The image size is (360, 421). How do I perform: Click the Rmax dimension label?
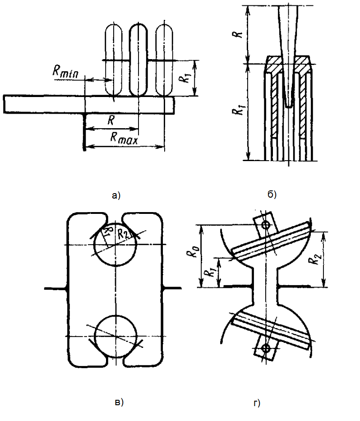[124, 138]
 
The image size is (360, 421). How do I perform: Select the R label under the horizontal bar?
[111, 120]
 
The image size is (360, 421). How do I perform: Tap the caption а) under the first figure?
[116, 195]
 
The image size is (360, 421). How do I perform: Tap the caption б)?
[272, 194]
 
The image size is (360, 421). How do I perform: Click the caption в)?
[119, 402]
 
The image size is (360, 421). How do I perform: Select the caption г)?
[257, 403]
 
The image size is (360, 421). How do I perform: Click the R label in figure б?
[238, 35]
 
